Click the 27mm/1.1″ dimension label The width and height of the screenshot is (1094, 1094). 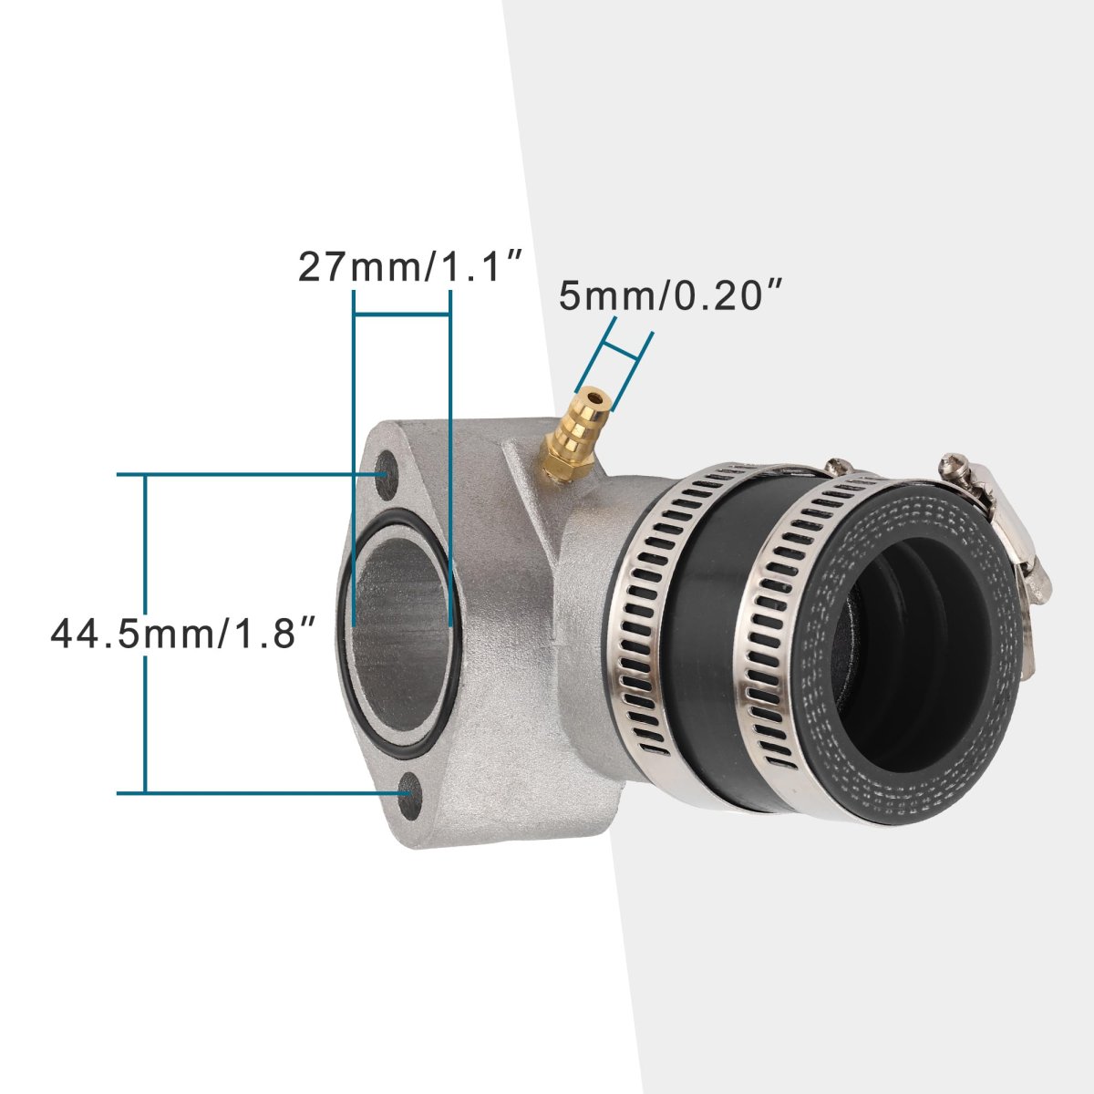(408, 266)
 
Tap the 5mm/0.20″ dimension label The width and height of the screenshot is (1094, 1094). (671, 295)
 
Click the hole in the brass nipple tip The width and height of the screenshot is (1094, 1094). (595, 398)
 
